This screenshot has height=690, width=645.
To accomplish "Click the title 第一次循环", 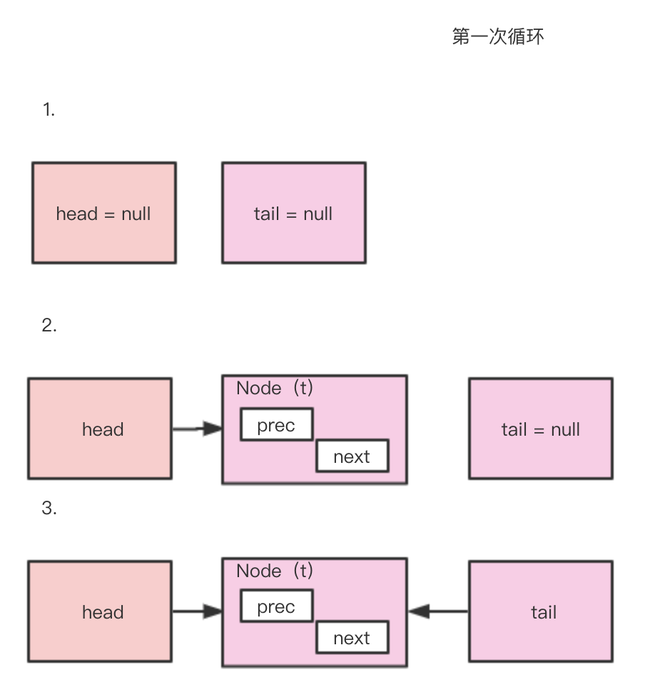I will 497,36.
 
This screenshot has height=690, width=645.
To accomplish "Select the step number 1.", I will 49,110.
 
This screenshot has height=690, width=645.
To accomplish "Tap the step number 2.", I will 49,326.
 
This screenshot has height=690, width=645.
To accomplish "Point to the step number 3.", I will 49,509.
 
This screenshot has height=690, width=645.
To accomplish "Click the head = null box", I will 104,213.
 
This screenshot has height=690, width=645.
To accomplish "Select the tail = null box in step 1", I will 293,213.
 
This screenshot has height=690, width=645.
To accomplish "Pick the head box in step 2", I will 100,429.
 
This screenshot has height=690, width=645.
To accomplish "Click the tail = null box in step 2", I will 540,429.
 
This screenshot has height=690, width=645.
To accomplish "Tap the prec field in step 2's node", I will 276,425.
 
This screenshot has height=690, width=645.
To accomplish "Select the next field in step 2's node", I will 352,456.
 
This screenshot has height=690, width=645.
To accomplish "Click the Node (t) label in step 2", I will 275,388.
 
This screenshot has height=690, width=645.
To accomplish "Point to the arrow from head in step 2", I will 197,429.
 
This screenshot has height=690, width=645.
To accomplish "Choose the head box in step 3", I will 100,611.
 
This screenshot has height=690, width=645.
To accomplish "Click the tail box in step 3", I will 540,611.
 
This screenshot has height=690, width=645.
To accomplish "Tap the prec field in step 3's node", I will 276,606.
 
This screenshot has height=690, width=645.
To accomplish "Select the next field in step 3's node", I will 352,638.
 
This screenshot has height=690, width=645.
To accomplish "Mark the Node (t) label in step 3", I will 275,571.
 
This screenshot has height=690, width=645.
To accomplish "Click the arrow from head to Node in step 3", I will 197,611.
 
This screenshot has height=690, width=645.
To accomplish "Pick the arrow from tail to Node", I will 438,611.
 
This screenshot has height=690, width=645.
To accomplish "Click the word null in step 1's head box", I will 136,213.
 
